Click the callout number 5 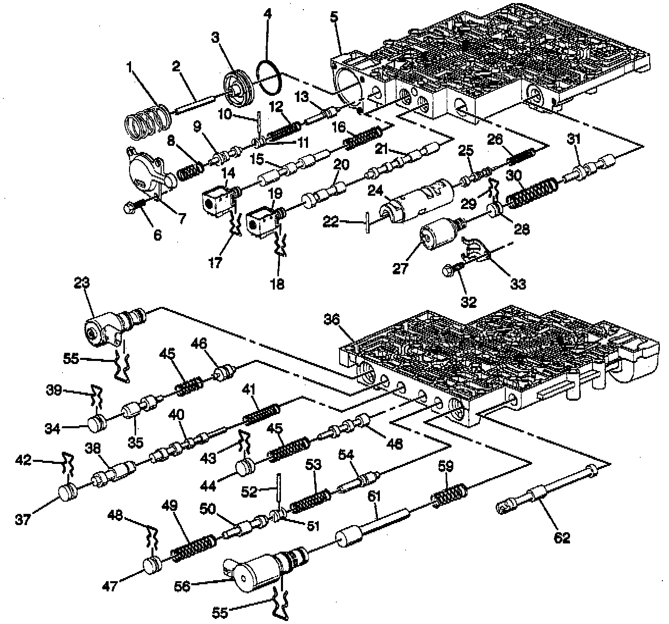click(x=334, y=17)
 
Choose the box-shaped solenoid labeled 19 click(x=262, y=222)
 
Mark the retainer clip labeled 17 click(x=235, y=227)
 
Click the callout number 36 click(x=331, y=320)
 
